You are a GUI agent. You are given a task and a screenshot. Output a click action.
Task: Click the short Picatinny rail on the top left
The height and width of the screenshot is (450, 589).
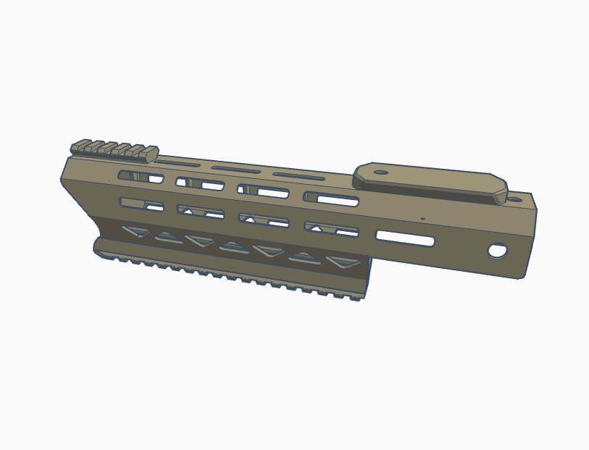[114, 150]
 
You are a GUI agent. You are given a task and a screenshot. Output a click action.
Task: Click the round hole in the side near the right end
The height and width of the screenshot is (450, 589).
[498, 251]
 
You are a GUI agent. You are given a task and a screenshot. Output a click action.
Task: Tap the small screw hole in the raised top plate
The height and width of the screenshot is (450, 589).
[381, 172]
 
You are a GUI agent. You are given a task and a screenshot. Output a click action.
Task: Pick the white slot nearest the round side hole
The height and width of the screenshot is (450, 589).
[405, 238]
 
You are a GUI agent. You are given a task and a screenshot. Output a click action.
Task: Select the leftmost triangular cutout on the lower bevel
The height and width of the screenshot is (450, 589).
[135, 232]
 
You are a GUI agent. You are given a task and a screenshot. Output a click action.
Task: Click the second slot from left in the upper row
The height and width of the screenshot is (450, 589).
[200, 184]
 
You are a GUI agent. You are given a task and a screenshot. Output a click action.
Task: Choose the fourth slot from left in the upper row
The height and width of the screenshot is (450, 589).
[331, 199]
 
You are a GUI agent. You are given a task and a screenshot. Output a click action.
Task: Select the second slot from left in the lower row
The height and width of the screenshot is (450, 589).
[201, 212]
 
